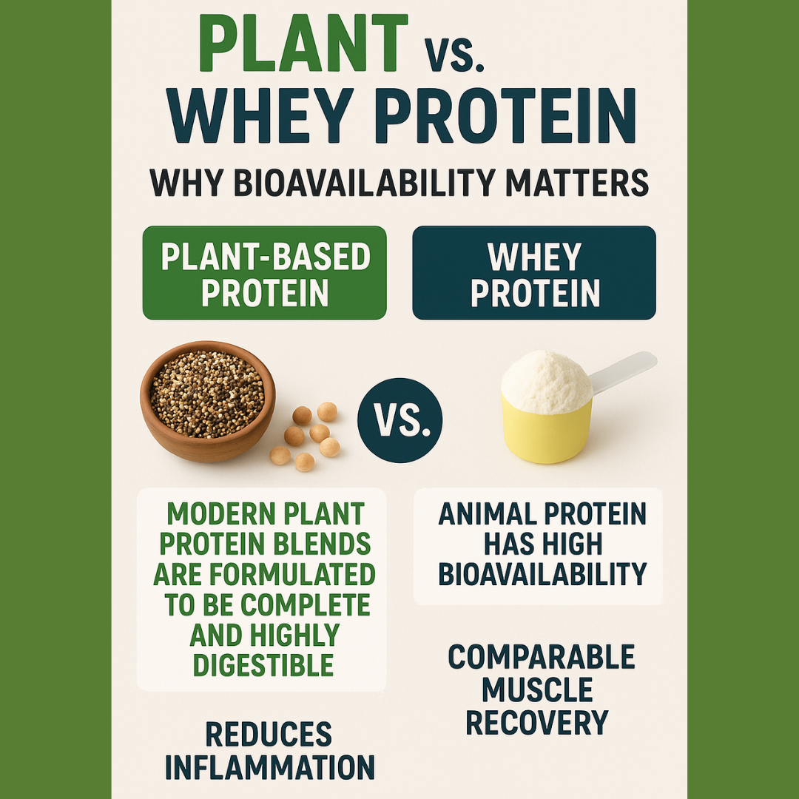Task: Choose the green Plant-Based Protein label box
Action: (264, 273)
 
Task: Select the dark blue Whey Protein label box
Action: (534, 273)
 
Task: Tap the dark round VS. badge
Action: (399, 419)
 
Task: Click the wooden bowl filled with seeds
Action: (207, 399)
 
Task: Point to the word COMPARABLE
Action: (541, 657)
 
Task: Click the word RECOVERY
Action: (537, 722)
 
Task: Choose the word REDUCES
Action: (269, 735)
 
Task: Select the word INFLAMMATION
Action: (269, 768)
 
